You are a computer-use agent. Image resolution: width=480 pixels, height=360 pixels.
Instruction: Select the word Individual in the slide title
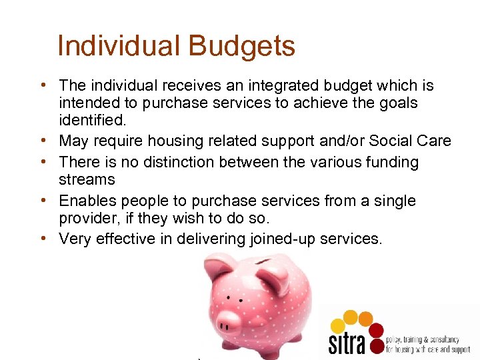118,47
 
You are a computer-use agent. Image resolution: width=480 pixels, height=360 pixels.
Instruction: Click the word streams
87,179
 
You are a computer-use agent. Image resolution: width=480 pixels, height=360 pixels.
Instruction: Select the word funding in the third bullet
385,162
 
